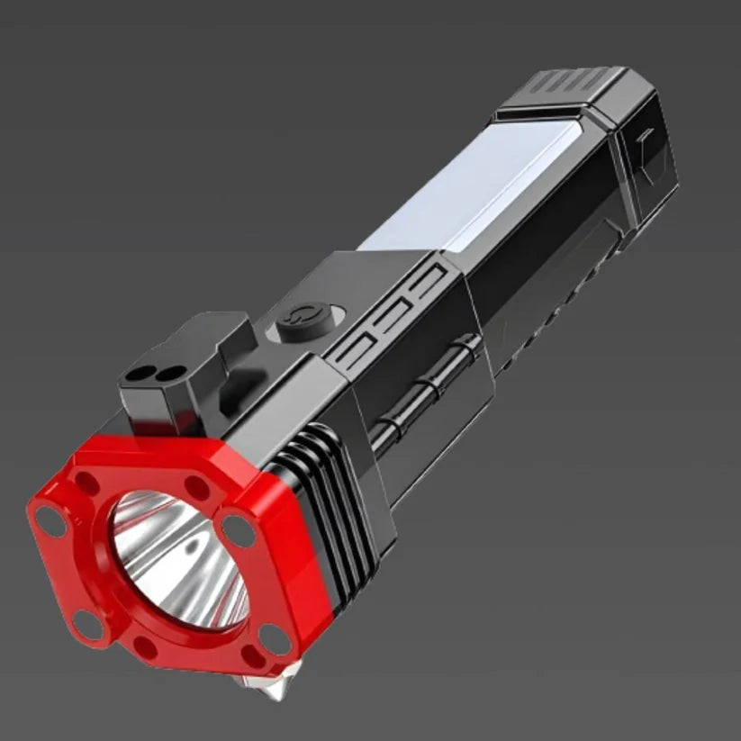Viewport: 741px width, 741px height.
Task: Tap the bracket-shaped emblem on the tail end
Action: [x=646, y=143]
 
